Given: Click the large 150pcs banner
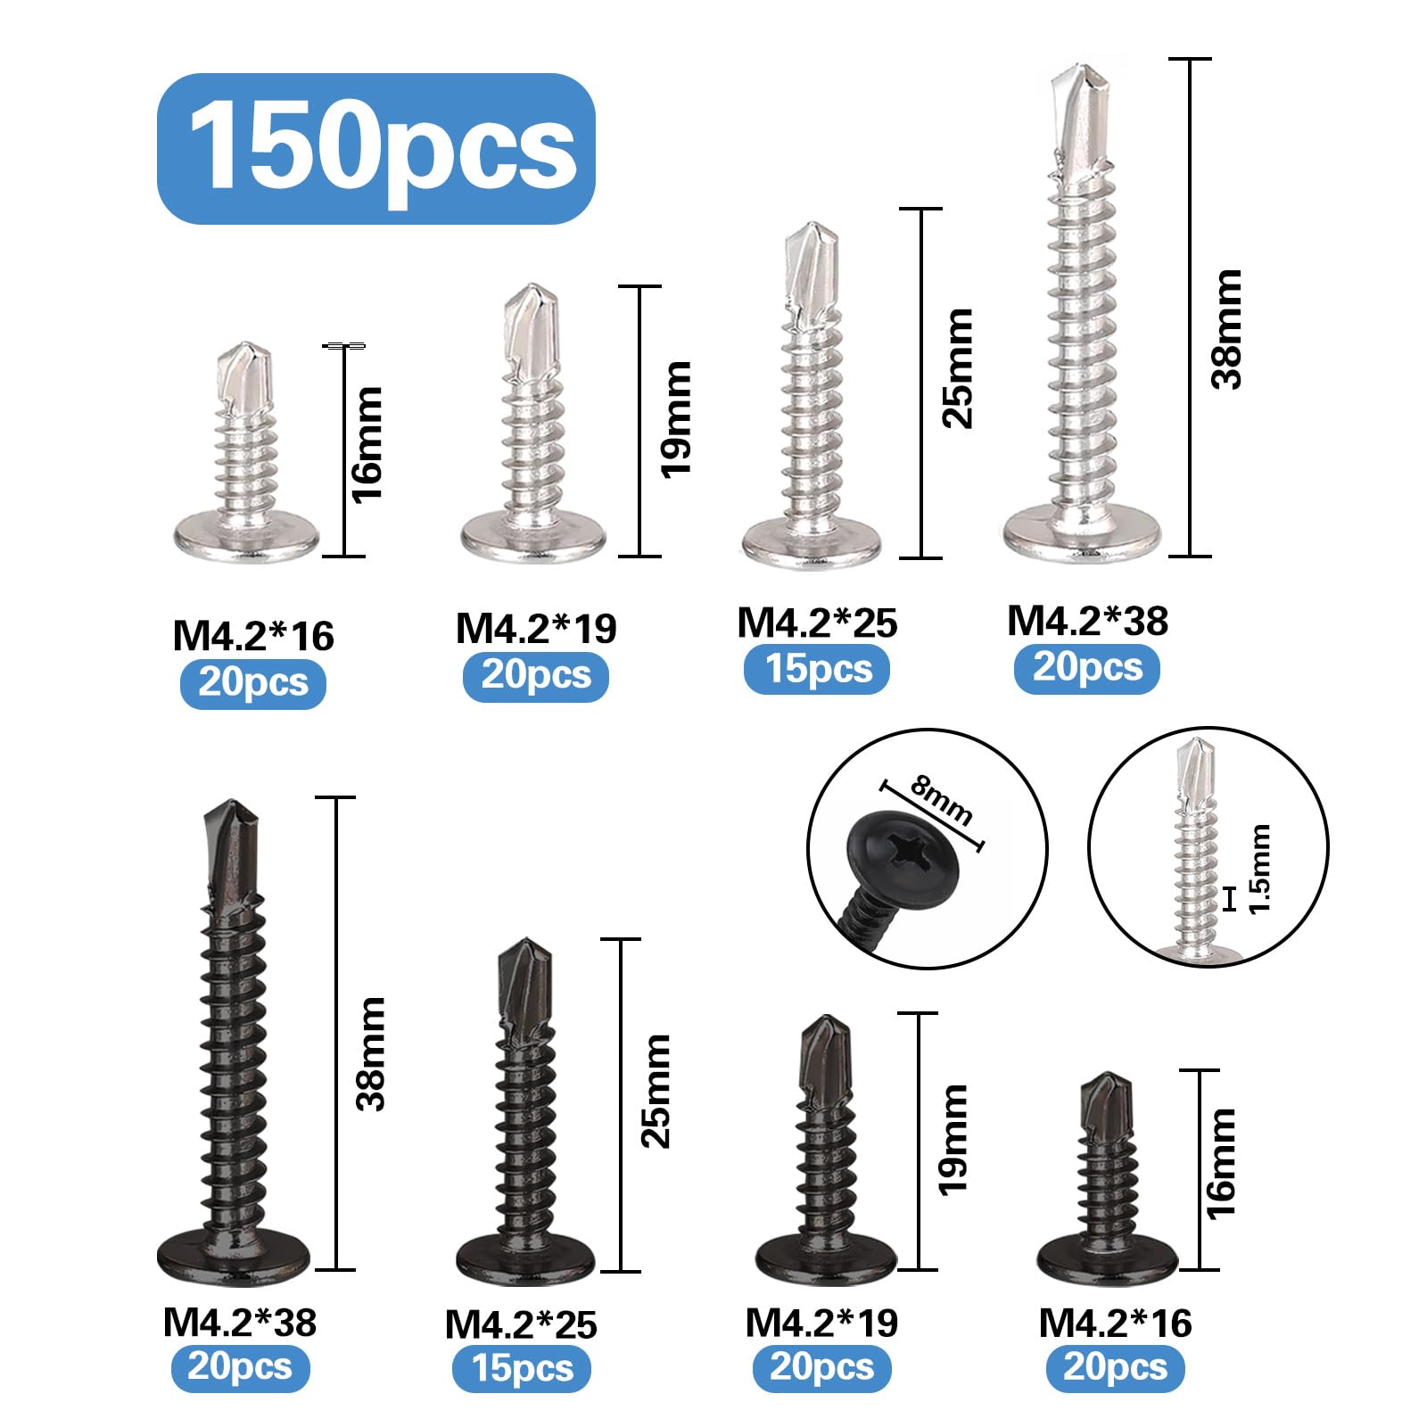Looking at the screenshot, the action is pyautogui.click(x=375, y=148).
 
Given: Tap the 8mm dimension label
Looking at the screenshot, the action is pyautogui.click(x=942, y=800).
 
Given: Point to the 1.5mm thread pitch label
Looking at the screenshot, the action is pyautogui.click(x=1259, y=869).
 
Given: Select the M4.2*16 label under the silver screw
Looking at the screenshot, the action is pyautogui.click(x=253, y=636).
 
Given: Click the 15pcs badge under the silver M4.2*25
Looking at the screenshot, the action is pyautogui.click(x=817, y=669).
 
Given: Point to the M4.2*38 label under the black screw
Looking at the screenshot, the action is pyautogui.click(x=240, y=1323).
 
